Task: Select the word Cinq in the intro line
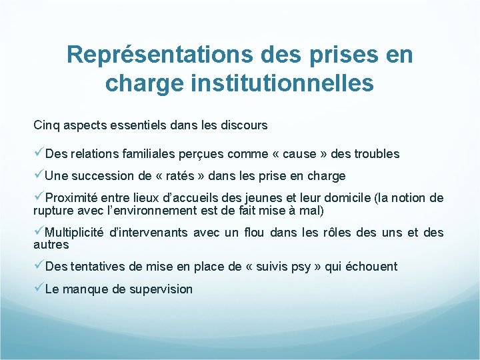click(x=45, y=125)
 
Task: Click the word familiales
click(x=149, y=154)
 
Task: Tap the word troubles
click(x=377, y=154)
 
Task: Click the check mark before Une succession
click(x=38, y=176)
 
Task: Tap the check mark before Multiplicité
click(x=38, y=232)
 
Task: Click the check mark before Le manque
click(x=38, y=289)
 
